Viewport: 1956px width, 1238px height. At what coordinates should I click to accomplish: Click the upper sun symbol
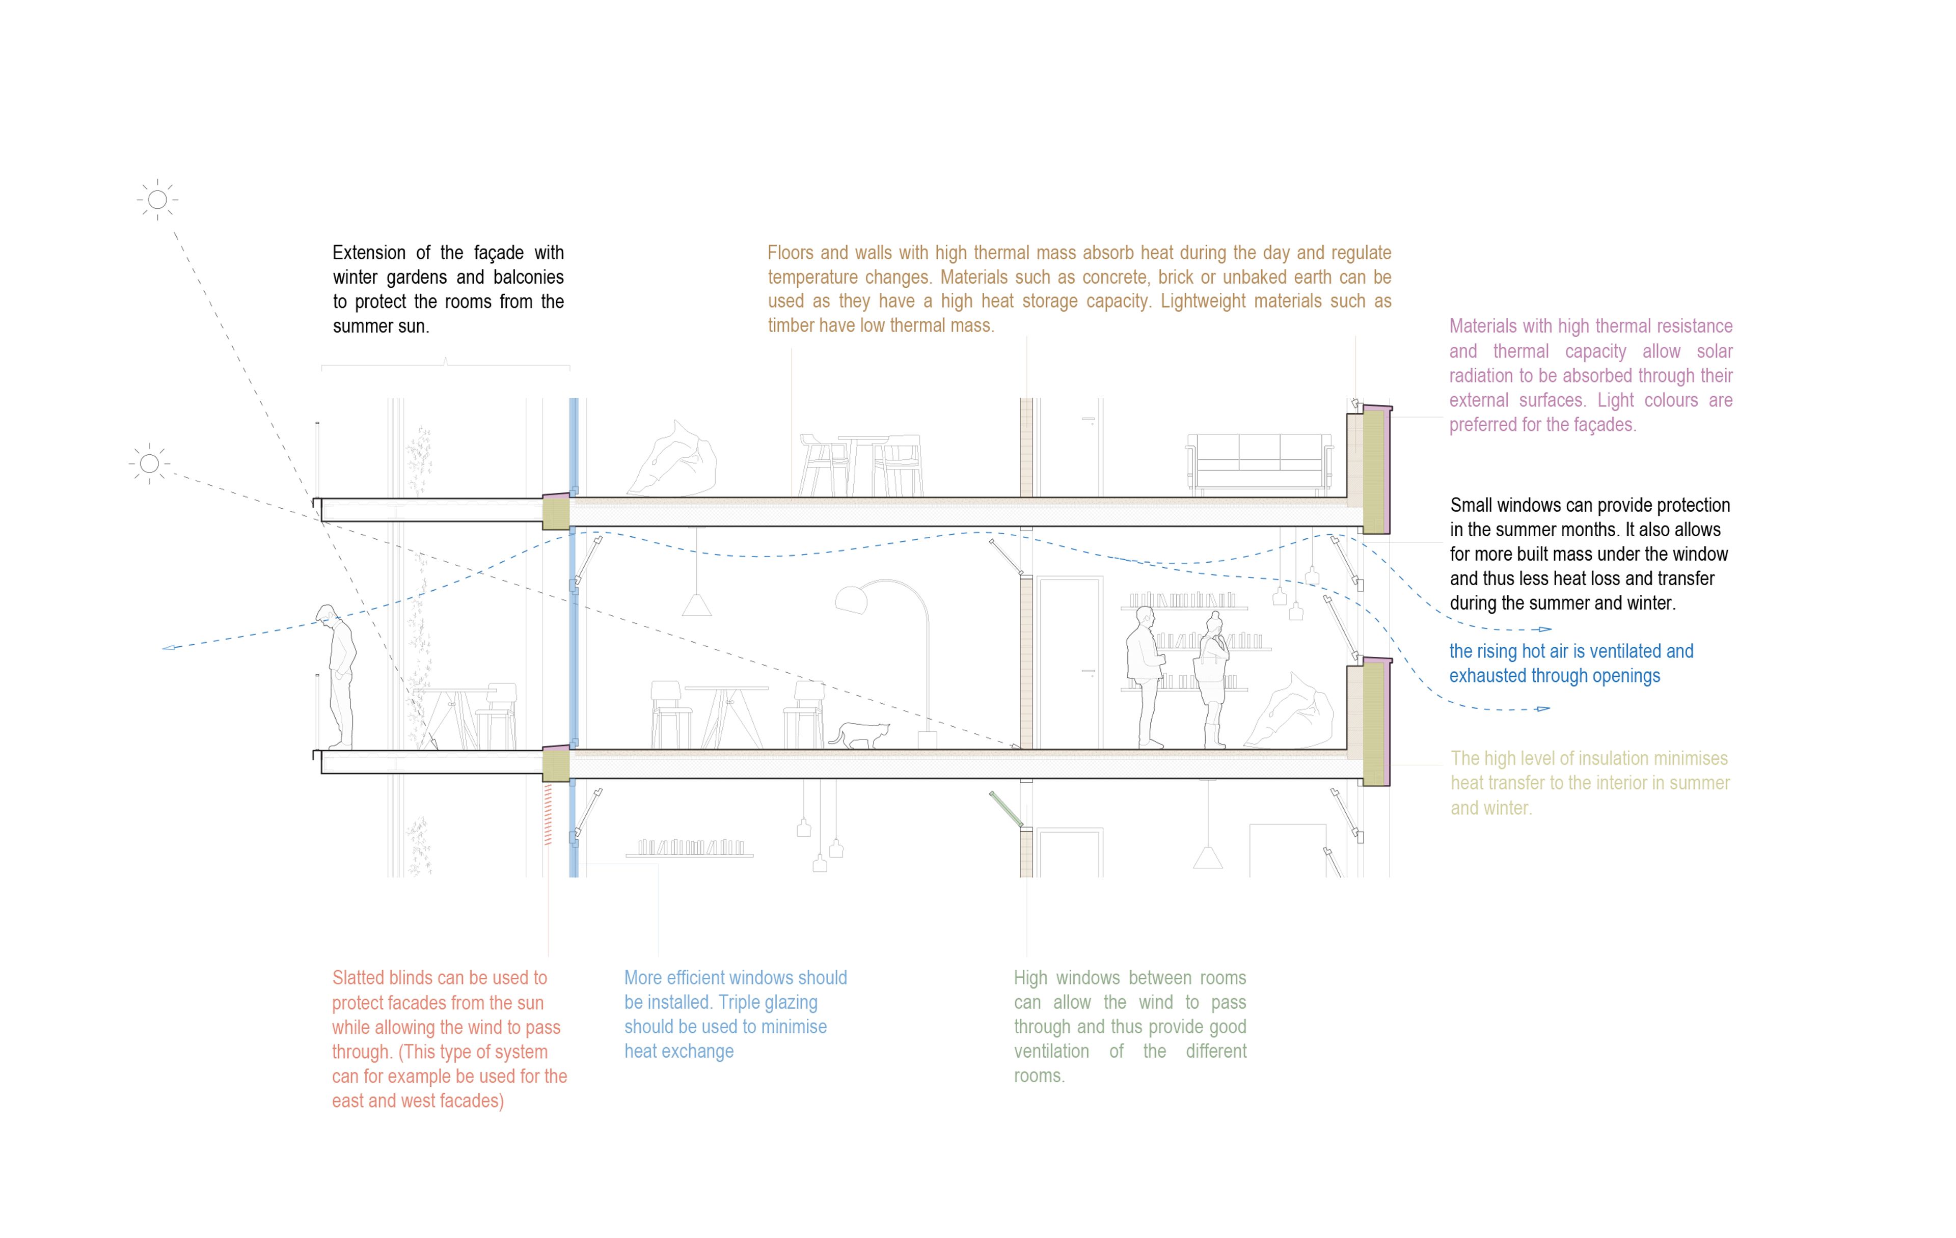pyautogui.click(x=157, y=199)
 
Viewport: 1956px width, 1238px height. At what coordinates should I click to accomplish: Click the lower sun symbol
pyautogui.click(x=149, y=463)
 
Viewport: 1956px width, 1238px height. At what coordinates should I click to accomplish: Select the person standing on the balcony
pyautogui.click(x=340, y=674)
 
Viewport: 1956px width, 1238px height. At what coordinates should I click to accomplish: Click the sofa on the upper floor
pyautogui.click(x=1260, y=463)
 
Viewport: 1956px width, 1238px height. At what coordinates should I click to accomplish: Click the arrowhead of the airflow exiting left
pyautogui.click(x=168, y=647)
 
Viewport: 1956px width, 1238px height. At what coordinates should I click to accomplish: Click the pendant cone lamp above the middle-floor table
pyautogui.click(x=696, y=604)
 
